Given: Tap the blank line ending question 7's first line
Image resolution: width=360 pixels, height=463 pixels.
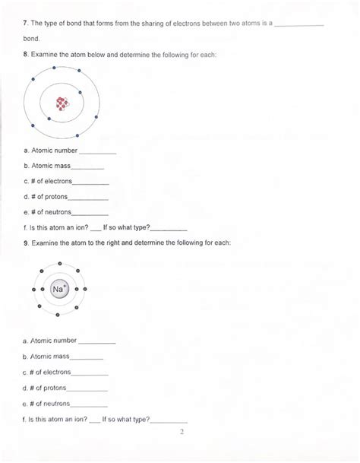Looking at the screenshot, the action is (298, 24).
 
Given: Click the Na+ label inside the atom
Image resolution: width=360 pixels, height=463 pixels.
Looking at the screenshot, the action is (59, 289).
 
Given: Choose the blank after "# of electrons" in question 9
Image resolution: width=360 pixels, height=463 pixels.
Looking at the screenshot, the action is (90, 373).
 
